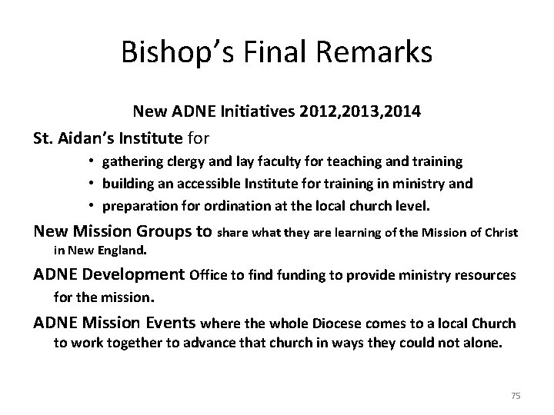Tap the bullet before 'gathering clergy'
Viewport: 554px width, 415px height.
point(91,162)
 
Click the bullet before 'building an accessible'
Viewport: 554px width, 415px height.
point(91,184)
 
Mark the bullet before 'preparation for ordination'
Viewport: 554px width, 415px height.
point(91,205)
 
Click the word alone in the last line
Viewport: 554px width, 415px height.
point(482,344)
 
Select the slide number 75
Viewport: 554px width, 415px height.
point(516,395)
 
